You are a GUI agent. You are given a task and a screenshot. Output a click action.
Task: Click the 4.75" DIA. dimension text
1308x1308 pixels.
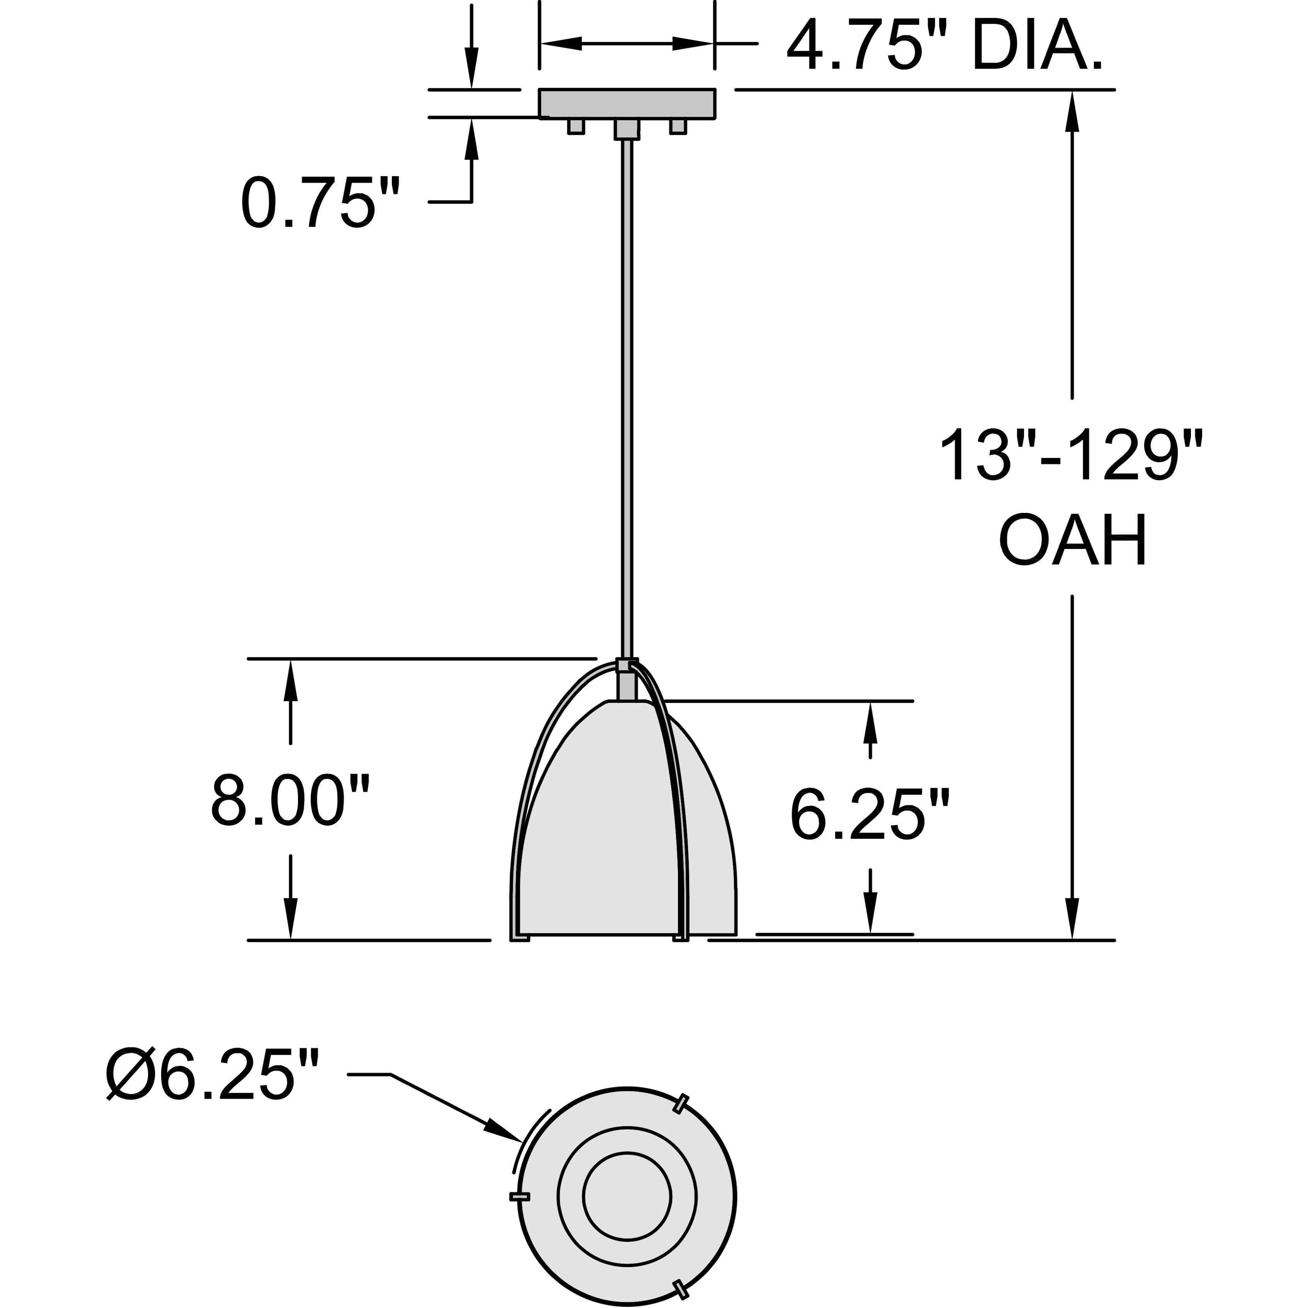click(944, 46)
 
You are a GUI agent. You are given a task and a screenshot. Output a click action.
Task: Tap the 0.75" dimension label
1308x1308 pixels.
click(320, 203)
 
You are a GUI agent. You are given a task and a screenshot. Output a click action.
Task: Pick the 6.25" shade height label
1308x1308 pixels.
click(870, 814)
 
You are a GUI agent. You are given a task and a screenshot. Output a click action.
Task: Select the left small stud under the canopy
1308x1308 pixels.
click(576, 127)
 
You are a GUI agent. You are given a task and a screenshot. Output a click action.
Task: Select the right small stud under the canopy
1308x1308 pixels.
click(678, 127)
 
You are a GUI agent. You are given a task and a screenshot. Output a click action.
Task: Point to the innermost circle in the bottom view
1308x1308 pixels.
click(627, 1196)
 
